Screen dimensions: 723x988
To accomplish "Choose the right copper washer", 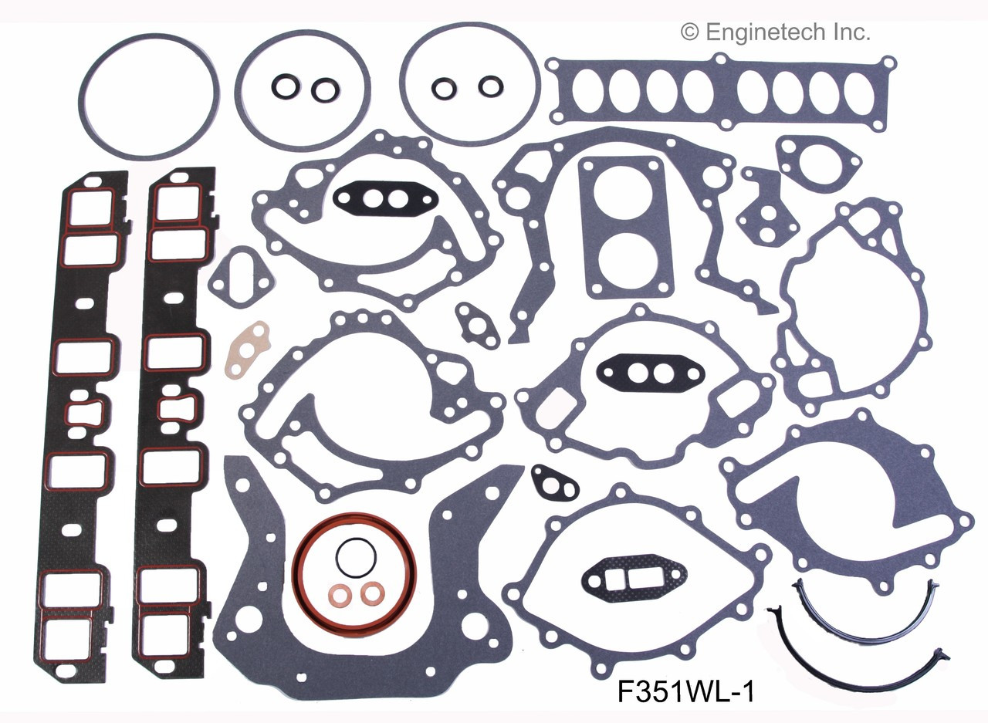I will [x=372, y=593].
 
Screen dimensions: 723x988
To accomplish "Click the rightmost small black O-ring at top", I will [x=488, y=86].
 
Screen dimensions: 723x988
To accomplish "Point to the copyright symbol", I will [x=689, y=32].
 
